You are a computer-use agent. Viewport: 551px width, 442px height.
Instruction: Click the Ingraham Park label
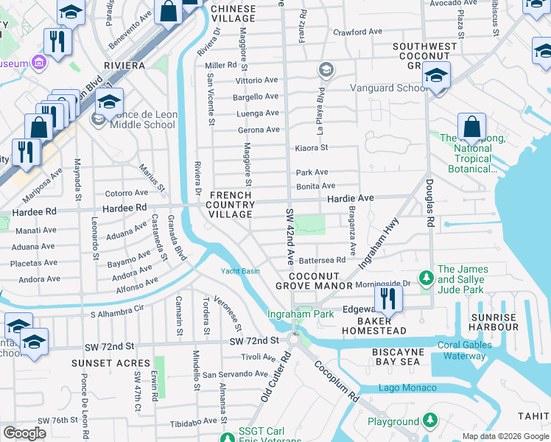point(300,315)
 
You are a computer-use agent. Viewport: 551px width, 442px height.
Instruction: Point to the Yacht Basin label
point(240,271)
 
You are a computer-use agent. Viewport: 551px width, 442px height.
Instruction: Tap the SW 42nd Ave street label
point(290,238)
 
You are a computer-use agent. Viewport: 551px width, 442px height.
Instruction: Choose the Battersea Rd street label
point(321,260)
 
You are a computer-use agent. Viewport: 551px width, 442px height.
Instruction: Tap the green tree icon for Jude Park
point(425,278)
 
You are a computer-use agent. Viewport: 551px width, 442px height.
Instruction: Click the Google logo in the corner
point(24,433)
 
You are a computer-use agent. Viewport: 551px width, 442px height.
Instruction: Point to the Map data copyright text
point(505,436)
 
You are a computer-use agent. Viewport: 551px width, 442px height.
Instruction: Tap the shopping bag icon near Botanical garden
point(471,127)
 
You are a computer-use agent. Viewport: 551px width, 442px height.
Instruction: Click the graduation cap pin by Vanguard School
point(437,77)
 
